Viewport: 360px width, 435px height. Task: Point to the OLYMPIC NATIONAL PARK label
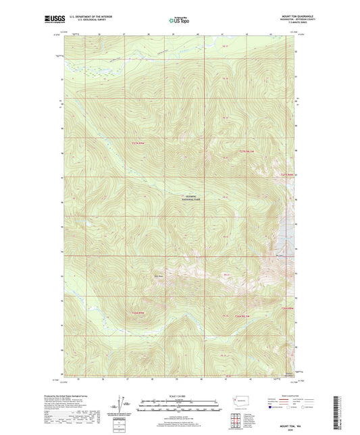[195, 199]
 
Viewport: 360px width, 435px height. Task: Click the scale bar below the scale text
[180, 407]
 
